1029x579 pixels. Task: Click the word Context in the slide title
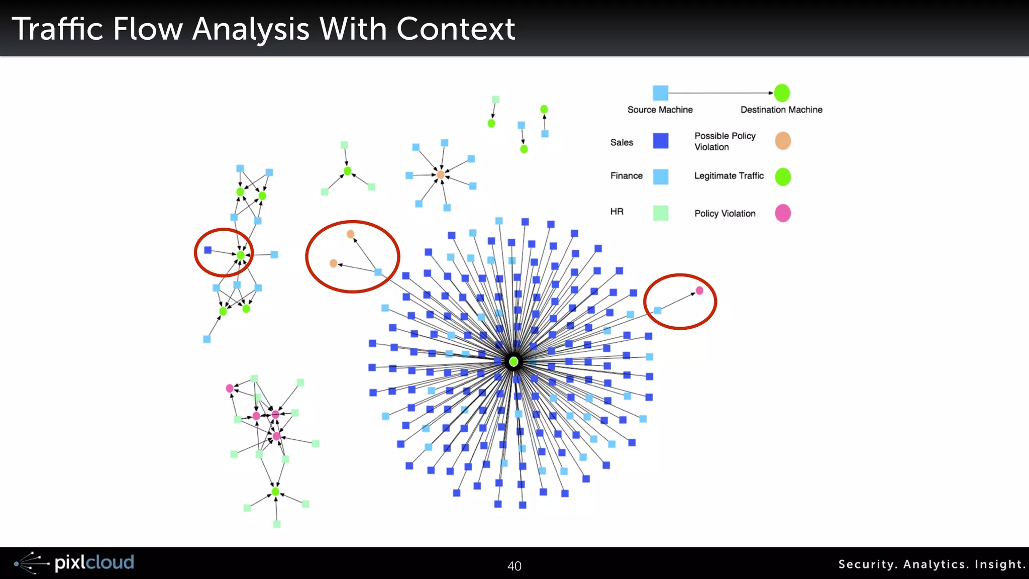point(455,29)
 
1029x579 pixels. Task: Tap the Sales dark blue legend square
point(660,141)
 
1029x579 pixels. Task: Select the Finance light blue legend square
point(660,176)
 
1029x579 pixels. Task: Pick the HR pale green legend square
point(660,213)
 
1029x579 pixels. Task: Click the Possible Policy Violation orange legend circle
point(782,141)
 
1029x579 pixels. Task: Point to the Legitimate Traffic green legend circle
point(782,176)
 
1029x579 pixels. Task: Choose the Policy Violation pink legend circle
point(782,213)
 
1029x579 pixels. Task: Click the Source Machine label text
point(660,110)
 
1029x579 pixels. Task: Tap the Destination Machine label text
point(781,110)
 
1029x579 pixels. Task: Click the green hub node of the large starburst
point(513,362)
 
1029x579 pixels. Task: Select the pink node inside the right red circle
point(699,291)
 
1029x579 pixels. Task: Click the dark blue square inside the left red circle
point(208,250)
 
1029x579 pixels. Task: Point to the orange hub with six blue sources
point(441,175)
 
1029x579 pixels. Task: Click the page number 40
point(514,566)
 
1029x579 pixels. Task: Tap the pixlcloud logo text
point(94,562)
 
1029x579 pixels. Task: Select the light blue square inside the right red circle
point(658,311)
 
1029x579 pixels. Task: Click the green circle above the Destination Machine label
point(782,93)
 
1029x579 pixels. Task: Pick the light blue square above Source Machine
point(660,93)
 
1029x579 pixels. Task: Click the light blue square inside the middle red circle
point(378,272)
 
